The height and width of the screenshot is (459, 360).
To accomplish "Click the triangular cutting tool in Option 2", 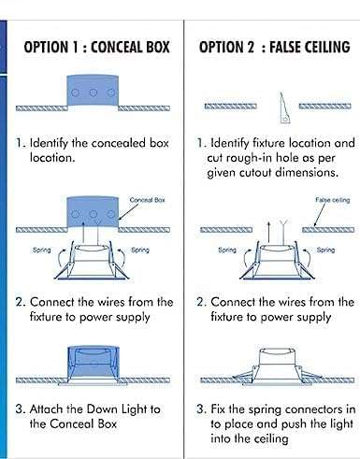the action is coord(280,108).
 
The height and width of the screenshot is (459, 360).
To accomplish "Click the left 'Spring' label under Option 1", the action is coord(43,250).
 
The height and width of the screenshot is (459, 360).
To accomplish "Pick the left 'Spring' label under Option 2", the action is coord(227,250).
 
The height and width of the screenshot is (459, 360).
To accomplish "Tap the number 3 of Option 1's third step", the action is coord(20,409).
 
